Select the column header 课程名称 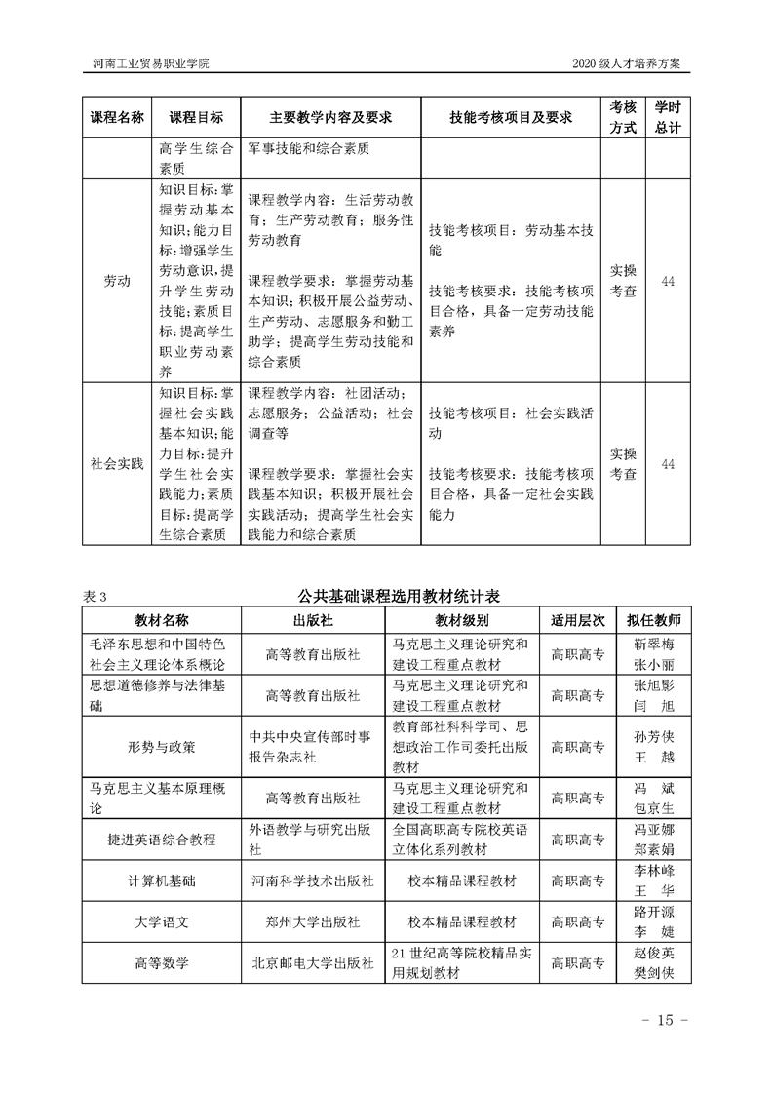(x=117, y=117)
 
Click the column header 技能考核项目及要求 (x=510, y=117)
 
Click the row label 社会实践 (x=117, y=464)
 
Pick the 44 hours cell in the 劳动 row (x=668, y=281)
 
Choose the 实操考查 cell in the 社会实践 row (x=623, y=464)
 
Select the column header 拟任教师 (x=654, y=620)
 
